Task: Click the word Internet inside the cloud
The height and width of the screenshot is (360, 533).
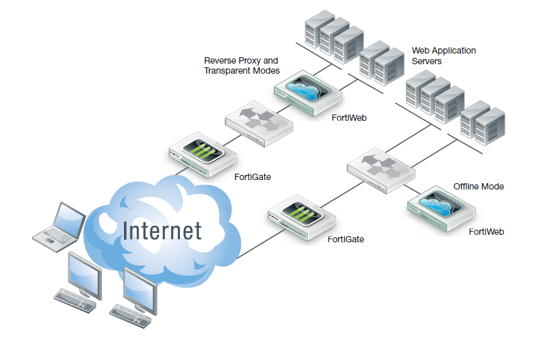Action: pyautogui.click(x=162, y=230)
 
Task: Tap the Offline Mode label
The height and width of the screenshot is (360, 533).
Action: pyautogui.click(x=478, y=186)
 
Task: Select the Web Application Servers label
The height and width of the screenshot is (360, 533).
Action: pyautogui.click(x=444, y=55)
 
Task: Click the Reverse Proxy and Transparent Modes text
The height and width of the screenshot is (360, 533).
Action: pyautogui.click(x=241, y=65)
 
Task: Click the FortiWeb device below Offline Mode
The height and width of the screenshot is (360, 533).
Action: pyautogui.click(x=441, y=210)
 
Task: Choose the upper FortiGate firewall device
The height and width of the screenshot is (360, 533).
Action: pyautogui.click(x=202, y=154)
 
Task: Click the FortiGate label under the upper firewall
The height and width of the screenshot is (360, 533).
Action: pyautogui.click(x=252, y=177)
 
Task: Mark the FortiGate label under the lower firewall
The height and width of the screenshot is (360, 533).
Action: pyautogui.click(x=345, y=239)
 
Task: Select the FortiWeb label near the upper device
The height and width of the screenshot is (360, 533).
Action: pyautogui.click(x=349, y=118)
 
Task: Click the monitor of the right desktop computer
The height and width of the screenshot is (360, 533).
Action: pyautogui.click(x=140, y=287)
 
